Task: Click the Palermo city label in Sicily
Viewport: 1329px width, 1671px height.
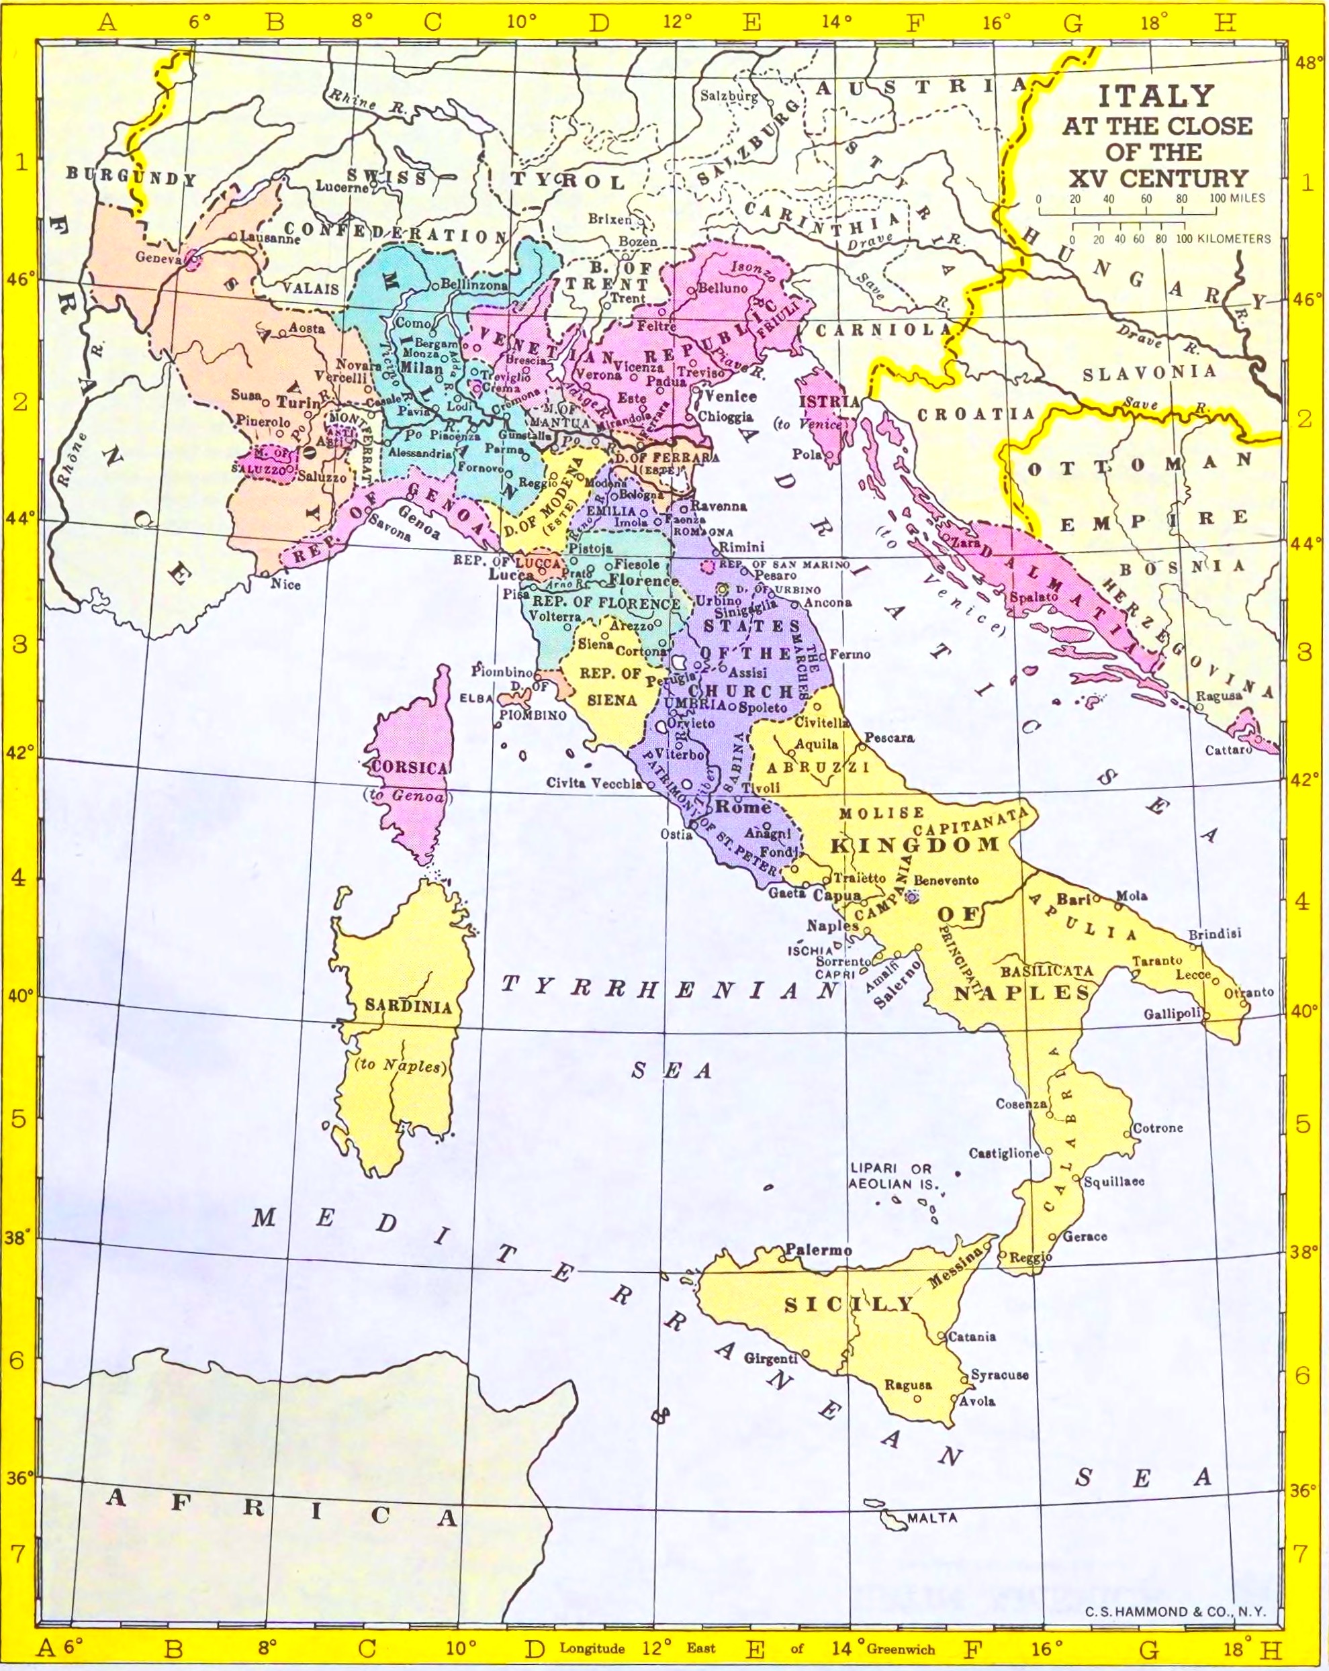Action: pyautogui.click(x=818, y=1249)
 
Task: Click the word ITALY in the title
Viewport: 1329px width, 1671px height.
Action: pyautogui.click(x=1155, y=96)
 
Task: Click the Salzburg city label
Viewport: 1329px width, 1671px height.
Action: pyautogui.click(x=729, y=97)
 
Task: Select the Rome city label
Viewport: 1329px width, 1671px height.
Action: pyautogui.click(x=742, y=807)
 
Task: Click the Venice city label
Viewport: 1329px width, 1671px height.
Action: pyautogui.click(x=731, y=395)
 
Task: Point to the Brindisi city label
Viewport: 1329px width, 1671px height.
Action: pyautogui.click(x=1214, y=934)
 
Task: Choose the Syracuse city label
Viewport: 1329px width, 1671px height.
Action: pyautogui.click(x=999, y=1374)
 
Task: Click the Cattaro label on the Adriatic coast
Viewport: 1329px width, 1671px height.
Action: pyautogui.click(x=1228, y=751)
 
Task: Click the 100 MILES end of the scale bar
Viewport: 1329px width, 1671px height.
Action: pyautogui.click(x=1238, y=199)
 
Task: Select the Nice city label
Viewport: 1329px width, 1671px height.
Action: pyautogui.click(x=285, y=584)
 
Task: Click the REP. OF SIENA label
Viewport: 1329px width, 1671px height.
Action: pyautogui.click(x=611, y=687)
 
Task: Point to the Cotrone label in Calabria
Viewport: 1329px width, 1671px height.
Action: pyautogui.click(x=1158, y=1128)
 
